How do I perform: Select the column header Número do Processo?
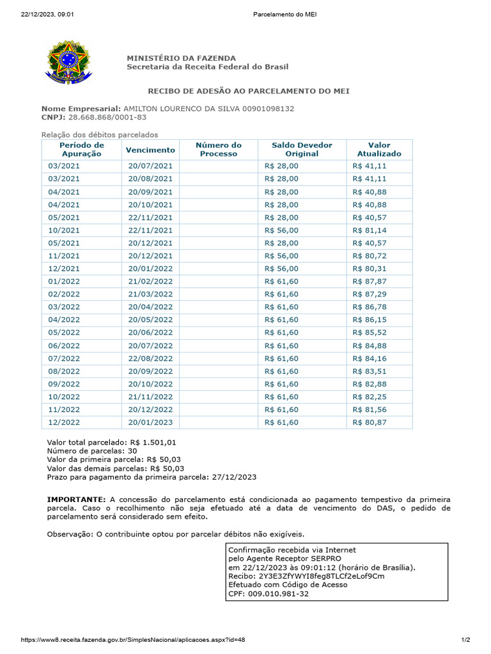tap(219, 149)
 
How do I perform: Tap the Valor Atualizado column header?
tap(379, 149)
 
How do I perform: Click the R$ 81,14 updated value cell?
tap(370, 230)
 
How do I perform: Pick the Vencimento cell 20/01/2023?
tap(150, 423)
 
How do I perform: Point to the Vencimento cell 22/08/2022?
tap(150, 358)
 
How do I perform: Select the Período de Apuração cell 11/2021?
tap(64, 255)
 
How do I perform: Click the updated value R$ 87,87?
tap(370, 281)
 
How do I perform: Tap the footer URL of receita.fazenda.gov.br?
tap(133, 640)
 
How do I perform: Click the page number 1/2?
tap(465, 640)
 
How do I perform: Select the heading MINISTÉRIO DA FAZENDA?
tap(181, 58)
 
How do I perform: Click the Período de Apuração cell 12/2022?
tap(64, 423)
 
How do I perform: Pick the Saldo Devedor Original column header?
tap(302, 149)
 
